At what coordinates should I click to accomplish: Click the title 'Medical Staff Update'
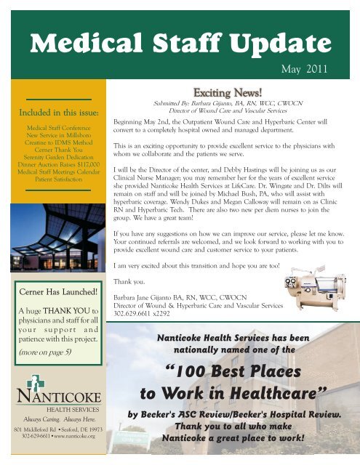[180, 45]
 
